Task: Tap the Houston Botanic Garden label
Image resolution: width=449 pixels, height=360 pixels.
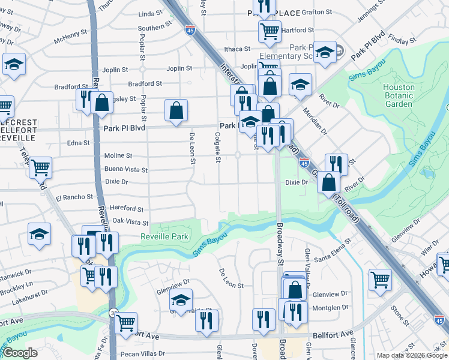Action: (399, 95)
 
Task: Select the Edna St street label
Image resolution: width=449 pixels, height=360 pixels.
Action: (78, 143)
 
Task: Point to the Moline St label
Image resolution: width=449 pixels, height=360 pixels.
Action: (118, 155)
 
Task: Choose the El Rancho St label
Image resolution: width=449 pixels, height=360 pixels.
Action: (74, 197)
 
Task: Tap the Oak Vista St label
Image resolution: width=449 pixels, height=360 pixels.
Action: (130, 221)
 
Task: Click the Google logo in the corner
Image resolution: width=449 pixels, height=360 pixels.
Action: (20, 353)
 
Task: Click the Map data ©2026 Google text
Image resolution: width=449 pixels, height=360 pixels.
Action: (412, 355)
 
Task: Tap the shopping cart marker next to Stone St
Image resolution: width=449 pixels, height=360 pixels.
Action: (380, 278)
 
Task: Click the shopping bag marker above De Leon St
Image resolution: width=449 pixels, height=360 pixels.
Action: (176, 110)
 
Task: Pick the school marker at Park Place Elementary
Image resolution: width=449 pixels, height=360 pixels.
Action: (325, 53)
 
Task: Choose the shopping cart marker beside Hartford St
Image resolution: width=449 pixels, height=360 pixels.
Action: (270, 30)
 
